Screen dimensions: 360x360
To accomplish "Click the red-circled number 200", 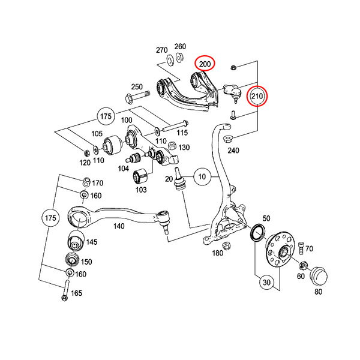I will (205, 64).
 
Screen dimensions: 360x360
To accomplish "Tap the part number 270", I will (161, 50).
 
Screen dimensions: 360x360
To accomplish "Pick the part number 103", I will (141, 190).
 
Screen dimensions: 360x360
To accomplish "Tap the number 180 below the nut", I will (218, 253).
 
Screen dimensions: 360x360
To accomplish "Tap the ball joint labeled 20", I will (179, 182).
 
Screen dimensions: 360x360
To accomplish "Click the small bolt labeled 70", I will (300, 247).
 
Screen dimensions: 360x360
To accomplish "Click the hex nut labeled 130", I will (172, 146).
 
